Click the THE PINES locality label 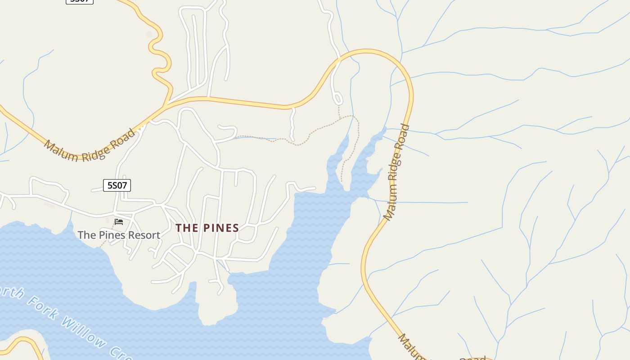[207, 228]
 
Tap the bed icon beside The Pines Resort [119, 221]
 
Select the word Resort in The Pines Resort [144, 235]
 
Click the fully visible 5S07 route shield [117, 185]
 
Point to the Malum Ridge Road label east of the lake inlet [396, 172]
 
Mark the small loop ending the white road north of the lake [337, 98]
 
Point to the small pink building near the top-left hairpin [149, 34]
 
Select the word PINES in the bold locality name [221, 228]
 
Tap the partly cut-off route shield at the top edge [80, 1]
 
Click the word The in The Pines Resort [87, 235]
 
